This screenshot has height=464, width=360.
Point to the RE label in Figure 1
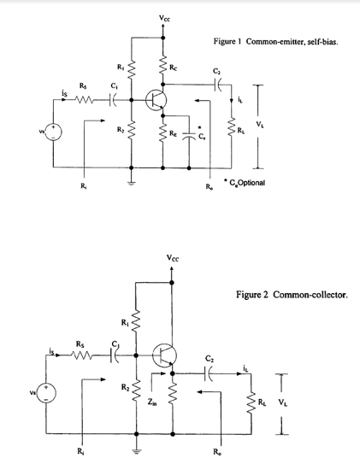coord(174,133)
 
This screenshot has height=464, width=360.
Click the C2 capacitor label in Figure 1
coord(215,70)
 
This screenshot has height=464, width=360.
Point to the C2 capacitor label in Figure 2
coord(210,359)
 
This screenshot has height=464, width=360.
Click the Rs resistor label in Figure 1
coord(82,85)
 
